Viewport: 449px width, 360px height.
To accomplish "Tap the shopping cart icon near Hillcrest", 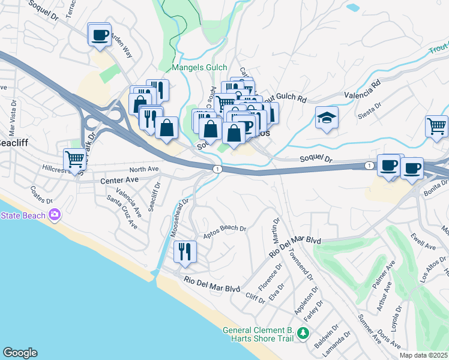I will [x=74, y=160].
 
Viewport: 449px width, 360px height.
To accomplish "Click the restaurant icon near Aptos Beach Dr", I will [x=185, y=251].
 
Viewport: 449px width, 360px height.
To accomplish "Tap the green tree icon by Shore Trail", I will [x=304, y=334].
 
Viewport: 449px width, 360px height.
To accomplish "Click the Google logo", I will [x=20, y=352].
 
